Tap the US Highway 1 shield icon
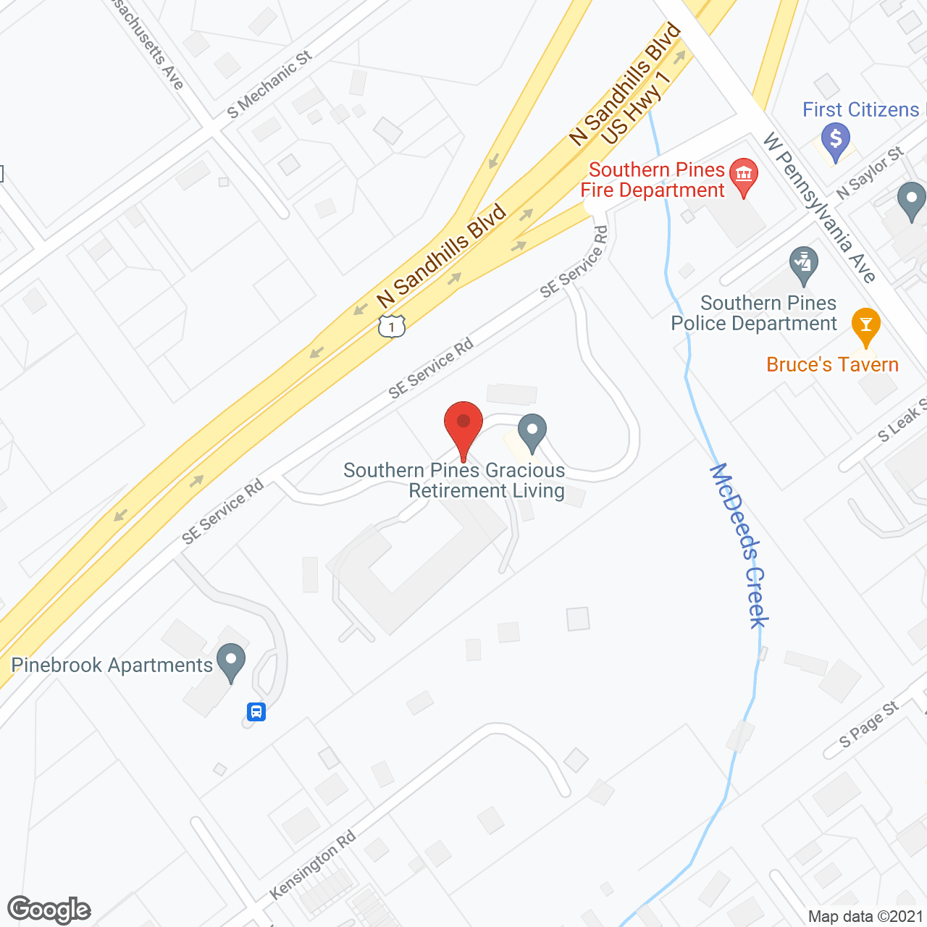tap(391, 327)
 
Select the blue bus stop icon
tap(256, 711)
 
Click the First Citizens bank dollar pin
tap(836, 140)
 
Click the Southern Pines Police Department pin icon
tap(803, 265)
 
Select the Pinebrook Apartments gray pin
tap(231, 661)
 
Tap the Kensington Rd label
tap(312, 865)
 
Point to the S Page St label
tap(868, 724)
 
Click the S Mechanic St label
tap(269, 85)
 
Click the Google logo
tap(49, 910)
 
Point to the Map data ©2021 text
tap(865, 916)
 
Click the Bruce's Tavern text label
tap(832, 364)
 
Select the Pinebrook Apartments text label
tap(112, 665)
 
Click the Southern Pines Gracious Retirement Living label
tap(454, 480)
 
